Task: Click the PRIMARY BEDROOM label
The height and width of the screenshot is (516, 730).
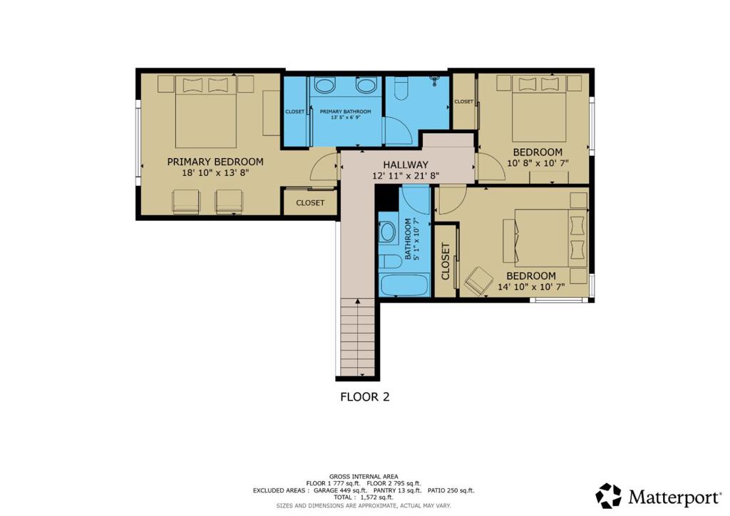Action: (x=215, y=162)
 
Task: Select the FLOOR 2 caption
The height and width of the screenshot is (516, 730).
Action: (x=364, y=397)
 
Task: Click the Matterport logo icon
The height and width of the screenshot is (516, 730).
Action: (x=608, y=495)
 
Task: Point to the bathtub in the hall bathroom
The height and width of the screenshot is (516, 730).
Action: (x=403, y=286)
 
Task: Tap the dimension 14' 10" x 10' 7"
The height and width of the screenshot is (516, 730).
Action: (x=530, y=287)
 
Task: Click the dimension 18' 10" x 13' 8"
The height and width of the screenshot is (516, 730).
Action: (x=215, y=172)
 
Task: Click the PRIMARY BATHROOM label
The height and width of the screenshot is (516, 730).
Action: (x=345, y=112)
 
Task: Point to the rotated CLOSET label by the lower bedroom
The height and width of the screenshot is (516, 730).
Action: (x=446, y=261)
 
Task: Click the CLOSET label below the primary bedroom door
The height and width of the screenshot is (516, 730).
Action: (x=310, y=203)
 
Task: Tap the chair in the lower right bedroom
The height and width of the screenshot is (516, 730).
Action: (x=478, y=281)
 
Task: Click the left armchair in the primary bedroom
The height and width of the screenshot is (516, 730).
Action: (x=185, y=202)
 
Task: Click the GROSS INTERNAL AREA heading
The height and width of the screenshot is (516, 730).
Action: (x=364, y=476)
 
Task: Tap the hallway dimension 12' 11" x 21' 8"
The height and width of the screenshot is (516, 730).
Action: (x=405, y=175)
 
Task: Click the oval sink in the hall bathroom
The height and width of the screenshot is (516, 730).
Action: (x=388, y=232)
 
